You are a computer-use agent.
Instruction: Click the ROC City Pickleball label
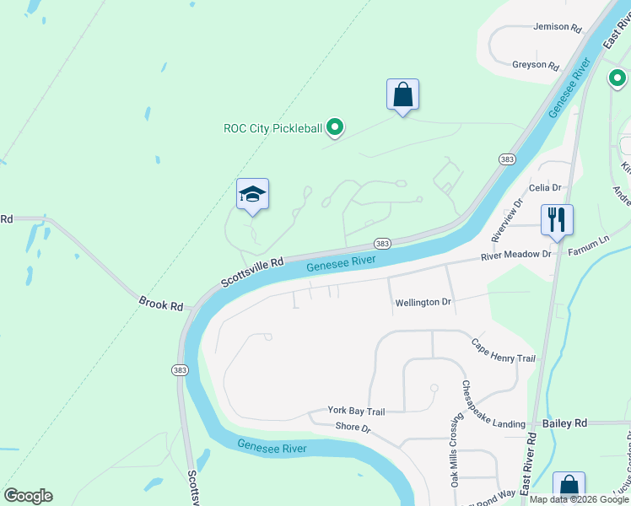[x=272, y=129]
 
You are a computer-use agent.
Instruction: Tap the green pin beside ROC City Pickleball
[x=335, y=128]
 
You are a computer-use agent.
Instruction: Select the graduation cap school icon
[x=252, y=196]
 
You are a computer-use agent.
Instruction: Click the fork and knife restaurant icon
[x=557, y=220]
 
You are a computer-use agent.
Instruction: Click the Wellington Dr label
[x=423, y=302]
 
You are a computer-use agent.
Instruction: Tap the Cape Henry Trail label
[x=504, y=351]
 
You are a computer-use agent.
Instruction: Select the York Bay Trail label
[x=357, y=412]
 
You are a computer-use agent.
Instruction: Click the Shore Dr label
[x=353, y=428]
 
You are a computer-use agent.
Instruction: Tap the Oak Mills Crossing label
[x=456, y=449]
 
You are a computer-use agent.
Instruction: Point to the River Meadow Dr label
[x=515, y=255]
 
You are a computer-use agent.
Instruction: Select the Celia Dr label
[x=545, y=187]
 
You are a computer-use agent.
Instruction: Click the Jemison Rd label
[x=558, y=27]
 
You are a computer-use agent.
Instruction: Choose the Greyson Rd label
[x=536, y=65]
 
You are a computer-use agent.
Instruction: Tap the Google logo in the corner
[x=28, y=496]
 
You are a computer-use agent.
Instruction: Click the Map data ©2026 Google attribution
[x=579, y=499]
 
